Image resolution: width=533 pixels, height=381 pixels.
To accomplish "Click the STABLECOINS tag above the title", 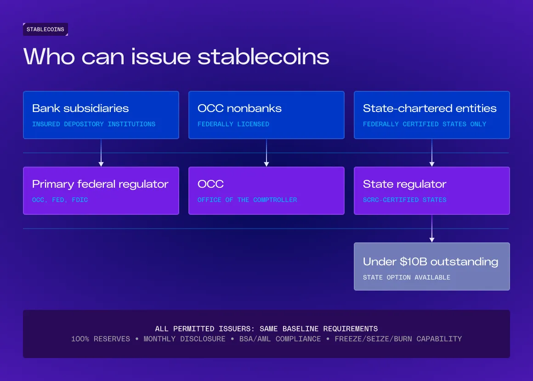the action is [45, 29].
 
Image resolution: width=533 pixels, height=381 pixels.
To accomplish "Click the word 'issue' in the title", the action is [161, 56].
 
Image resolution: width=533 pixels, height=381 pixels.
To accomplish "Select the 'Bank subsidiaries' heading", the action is [80, 108].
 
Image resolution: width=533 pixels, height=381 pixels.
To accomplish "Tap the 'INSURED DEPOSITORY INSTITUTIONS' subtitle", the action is [94, 124].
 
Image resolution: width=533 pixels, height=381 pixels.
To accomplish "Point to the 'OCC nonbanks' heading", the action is [240, 108].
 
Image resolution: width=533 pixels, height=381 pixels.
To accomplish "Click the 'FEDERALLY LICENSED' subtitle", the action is [233, 124].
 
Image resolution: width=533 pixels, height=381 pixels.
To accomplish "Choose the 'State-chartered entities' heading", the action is [430, 108].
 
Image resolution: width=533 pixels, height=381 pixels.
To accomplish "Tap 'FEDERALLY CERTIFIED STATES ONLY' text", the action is [425, 124].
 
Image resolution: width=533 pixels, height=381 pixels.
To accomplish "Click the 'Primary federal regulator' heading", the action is [100, 184].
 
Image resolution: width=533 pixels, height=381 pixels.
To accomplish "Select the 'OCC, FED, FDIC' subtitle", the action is [60, 200].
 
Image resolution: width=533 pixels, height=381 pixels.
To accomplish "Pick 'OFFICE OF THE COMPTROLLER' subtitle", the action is [247, 200].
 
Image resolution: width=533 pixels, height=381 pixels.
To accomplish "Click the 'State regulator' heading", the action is [404, 184].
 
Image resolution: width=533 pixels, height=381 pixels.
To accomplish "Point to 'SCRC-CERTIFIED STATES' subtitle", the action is [404, 200].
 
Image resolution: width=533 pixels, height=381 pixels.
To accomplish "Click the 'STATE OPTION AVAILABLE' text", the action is [407, 277].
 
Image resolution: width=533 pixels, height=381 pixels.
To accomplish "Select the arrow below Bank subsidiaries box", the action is [101, 153].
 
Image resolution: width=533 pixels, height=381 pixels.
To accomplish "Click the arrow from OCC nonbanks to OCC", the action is [266, 153].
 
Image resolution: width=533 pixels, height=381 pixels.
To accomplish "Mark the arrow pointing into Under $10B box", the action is [432, 229].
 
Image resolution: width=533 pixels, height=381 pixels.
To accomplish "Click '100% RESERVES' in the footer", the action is [101, 339].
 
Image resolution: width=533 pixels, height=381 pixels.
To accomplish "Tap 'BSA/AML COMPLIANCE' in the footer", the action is [280, 339].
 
